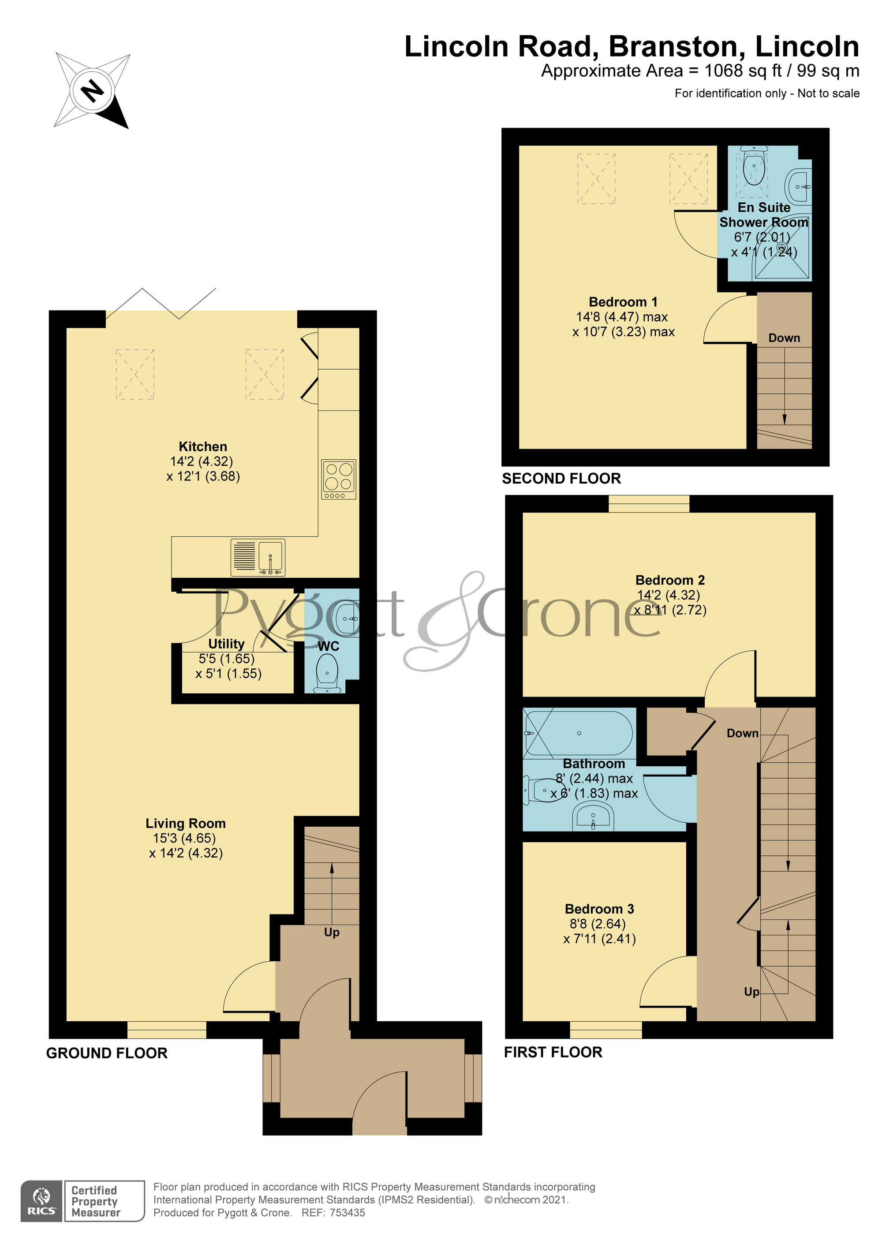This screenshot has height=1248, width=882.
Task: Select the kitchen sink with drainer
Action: [258, 557]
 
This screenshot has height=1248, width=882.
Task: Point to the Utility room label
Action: [226, 644]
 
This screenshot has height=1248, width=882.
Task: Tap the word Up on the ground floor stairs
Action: [332, 932]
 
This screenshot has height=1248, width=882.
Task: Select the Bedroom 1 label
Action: [623, 302]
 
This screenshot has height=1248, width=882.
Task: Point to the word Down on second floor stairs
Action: [784, 337]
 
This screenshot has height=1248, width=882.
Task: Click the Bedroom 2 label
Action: [669, 580]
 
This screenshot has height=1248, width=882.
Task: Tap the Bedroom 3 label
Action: [599, 909]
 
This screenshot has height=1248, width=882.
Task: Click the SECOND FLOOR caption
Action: [561, 478]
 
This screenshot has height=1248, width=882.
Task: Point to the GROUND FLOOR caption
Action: [107, 1053]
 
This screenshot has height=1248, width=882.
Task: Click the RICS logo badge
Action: [41, 1201]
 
